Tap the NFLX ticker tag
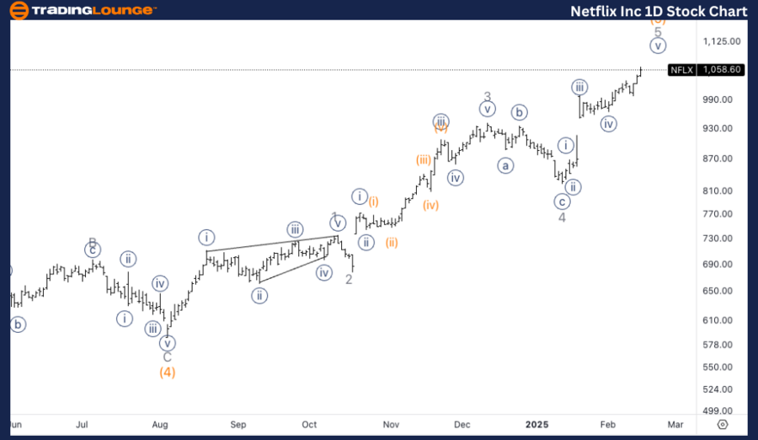pyautogui.click(x=681, y=70)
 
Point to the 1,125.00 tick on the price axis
pyautogui.click(x=721, y=41)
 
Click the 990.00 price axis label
pyautogui.click(x=721, y=99)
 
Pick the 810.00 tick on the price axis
pyautogui.click(x=721, y=191)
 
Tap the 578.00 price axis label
pyautogui.click(x=721, y=345)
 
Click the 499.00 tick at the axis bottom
pyautogui.click(x=721, y=410)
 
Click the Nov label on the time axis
pyautogui.click(x=390, y=423)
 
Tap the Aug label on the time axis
pyautogui.click(x=161, y=423)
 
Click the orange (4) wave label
pyautogui.click(x=168, y=372)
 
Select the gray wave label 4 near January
pyautogui.click(x=562, y=217)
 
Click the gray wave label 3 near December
pyautogui.click(x=487, y=97)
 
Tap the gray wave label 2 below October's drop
pyautogui.click(x=349, y=279)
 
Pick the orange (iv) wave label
pyautogui.click(x=431, y=205)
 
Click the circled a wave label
pyautogui.click(x=505, y=165)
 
